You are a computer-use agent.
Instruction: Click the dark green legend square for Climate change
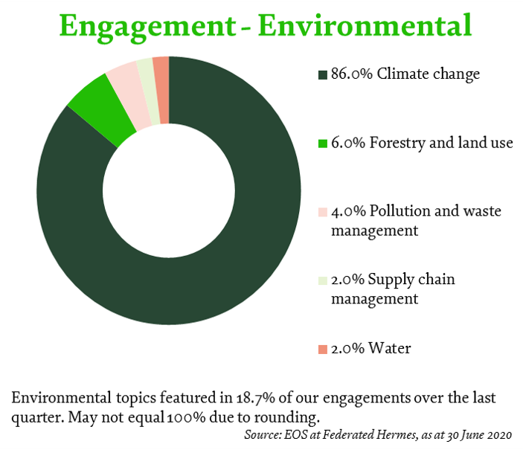pyautogui.click(x=323, y=74)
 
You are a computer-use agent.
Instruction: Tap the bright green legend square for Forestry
pyautogui.click(x=323, y=144)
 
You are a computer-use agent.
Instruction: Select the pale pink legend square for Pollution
pyautogui.click(x=323, y=212)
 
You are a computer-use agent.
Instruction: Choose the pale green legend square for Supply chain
pyautogui.click(x=323, y=280)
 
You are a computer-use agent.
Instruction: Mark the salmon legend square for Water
pyautogui.click(x=323, y=350)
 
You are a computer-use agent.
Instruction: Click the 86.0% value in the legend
pyautogui.click(x=352, y=74)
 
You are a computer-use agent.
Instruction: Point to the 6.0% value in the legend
pyautogui.click(x=348, y=143)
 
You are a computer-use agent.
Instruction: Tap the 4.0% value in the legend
pyautogui.click(x=348, y=211)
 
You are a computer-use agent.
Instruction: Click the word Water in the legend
pyautogui.click(x=390, y=348)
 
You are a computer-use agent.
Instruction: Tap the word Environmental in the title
pyautogui.click(x=365, y=25)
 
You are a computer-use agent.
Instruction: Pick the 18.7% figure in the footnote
pyautogui.click(x=255, y=398)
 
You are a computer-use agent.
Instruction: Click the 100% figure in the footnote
pyautogui.click(x=186, y=417)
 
